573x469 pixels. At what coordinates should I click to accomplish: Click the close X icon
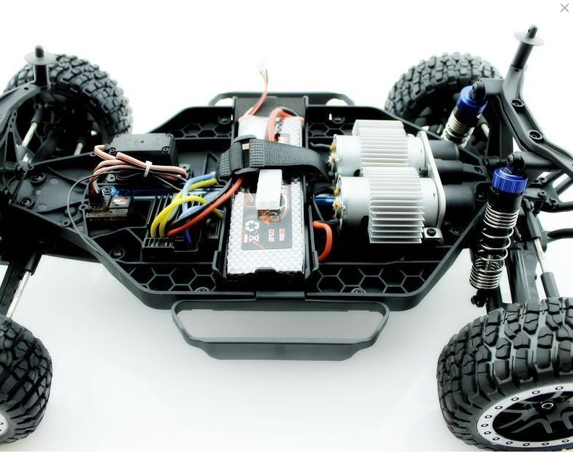pos(564,8)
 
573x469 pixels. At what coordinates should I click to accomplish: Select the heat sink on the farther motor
pos(381,140)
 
